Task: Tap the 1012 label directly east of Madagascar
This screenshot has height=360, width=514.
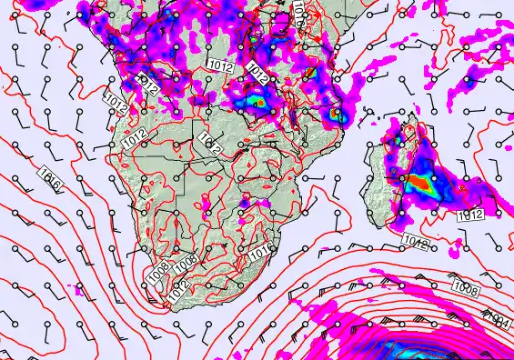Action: click(469, 215)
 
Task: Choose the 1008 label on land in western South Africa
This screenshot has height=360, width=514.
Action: click(186, 262)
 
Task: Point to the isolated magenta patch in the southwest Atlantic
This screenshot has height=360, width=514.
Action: click(78, 293)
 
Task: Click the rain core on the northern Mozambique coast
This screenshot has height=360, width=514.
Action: click(338, 115)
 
